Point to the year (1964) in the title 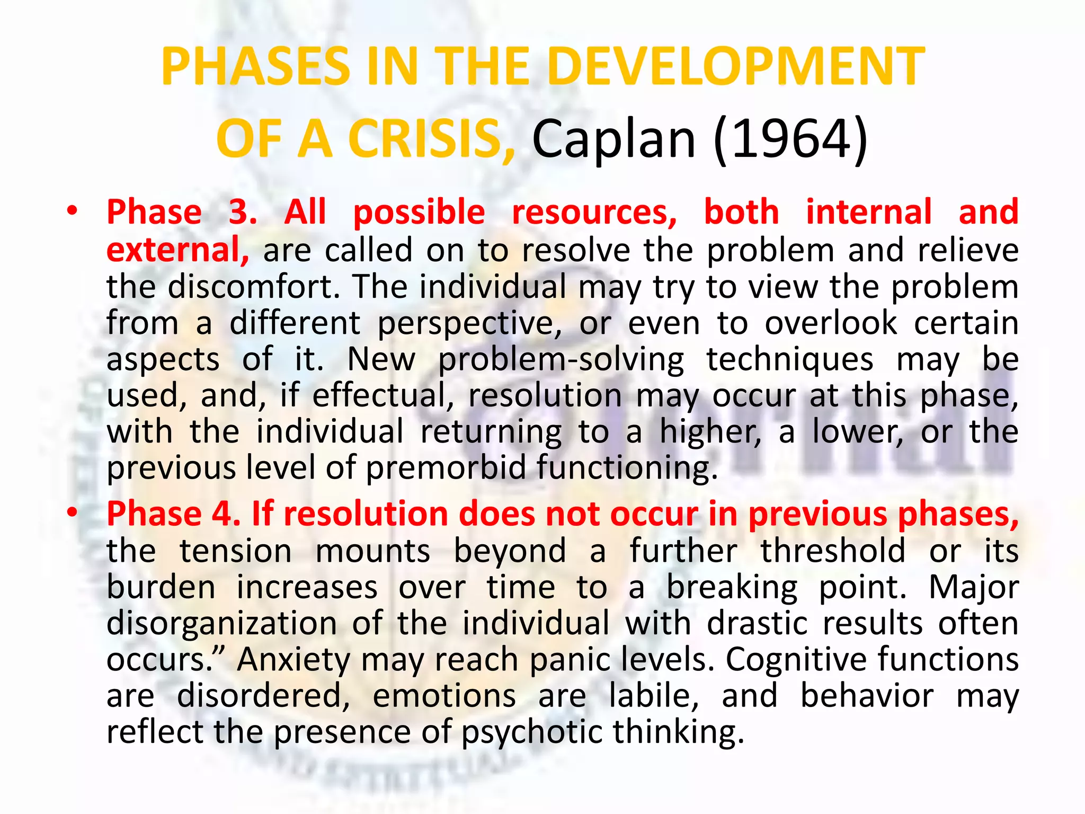pyautogui.click(x=790, y=139)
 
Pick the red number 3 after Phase pyautogui.click(x=242, y=212)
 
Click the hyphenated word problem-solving pyautogui.click(x=561, y=360)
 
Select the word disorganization pyautogui.click(x=222, y=623)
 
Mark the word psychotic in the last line pyautogui.click(x=532, y=732)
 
